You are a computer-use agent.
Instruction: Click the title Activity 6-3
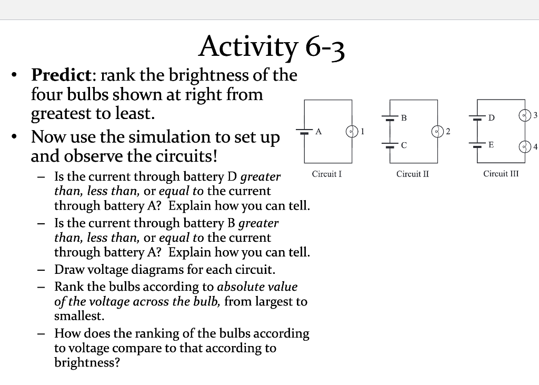pyautogui.click(x=272, y=47)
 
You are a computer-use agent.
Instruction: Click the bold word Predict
pyautogui.click(x=61, y=75)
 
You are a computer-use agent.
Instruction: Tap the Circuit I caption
pyautogui.click(x=327, y=173)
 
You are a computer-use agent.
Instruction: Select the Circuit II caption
pyautogui.click(x=413, y=173)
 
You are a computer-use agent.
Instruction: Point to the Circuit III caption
pyautogui.click(x=501, y=173)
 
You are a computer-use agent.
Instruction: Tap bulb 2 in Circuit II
pyautogui.click(x=436, y=131)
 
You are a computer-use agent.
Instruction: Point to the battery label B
pyautogui.click(x=404, y=118)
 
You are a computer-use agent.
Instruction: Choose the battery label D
pyautogui.click(x=491, y=118)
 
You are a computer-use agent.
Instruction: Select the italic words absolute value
pyautogui.click(x=257, y=287)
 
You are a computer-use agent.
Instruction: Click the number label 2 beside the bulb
pyautogui.click(x=447, y=131)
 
